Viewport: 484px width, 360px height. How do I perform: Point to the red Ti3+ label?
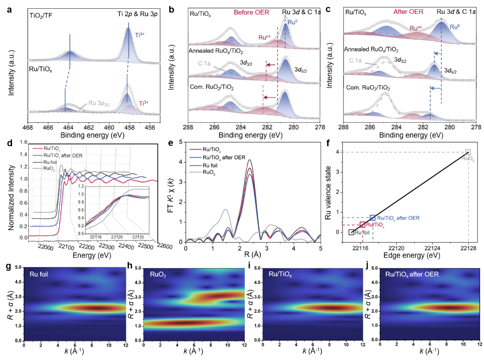145,103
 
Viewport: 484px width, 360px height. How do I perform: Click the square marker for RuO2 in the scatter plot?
468,152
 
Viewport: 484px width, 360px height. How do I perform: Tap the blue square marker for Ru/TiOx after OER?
372,217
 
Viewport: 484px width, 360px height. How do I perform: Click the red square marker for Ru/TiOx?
363,225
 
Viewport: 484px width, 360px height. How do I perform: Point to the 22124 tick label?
432,248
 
